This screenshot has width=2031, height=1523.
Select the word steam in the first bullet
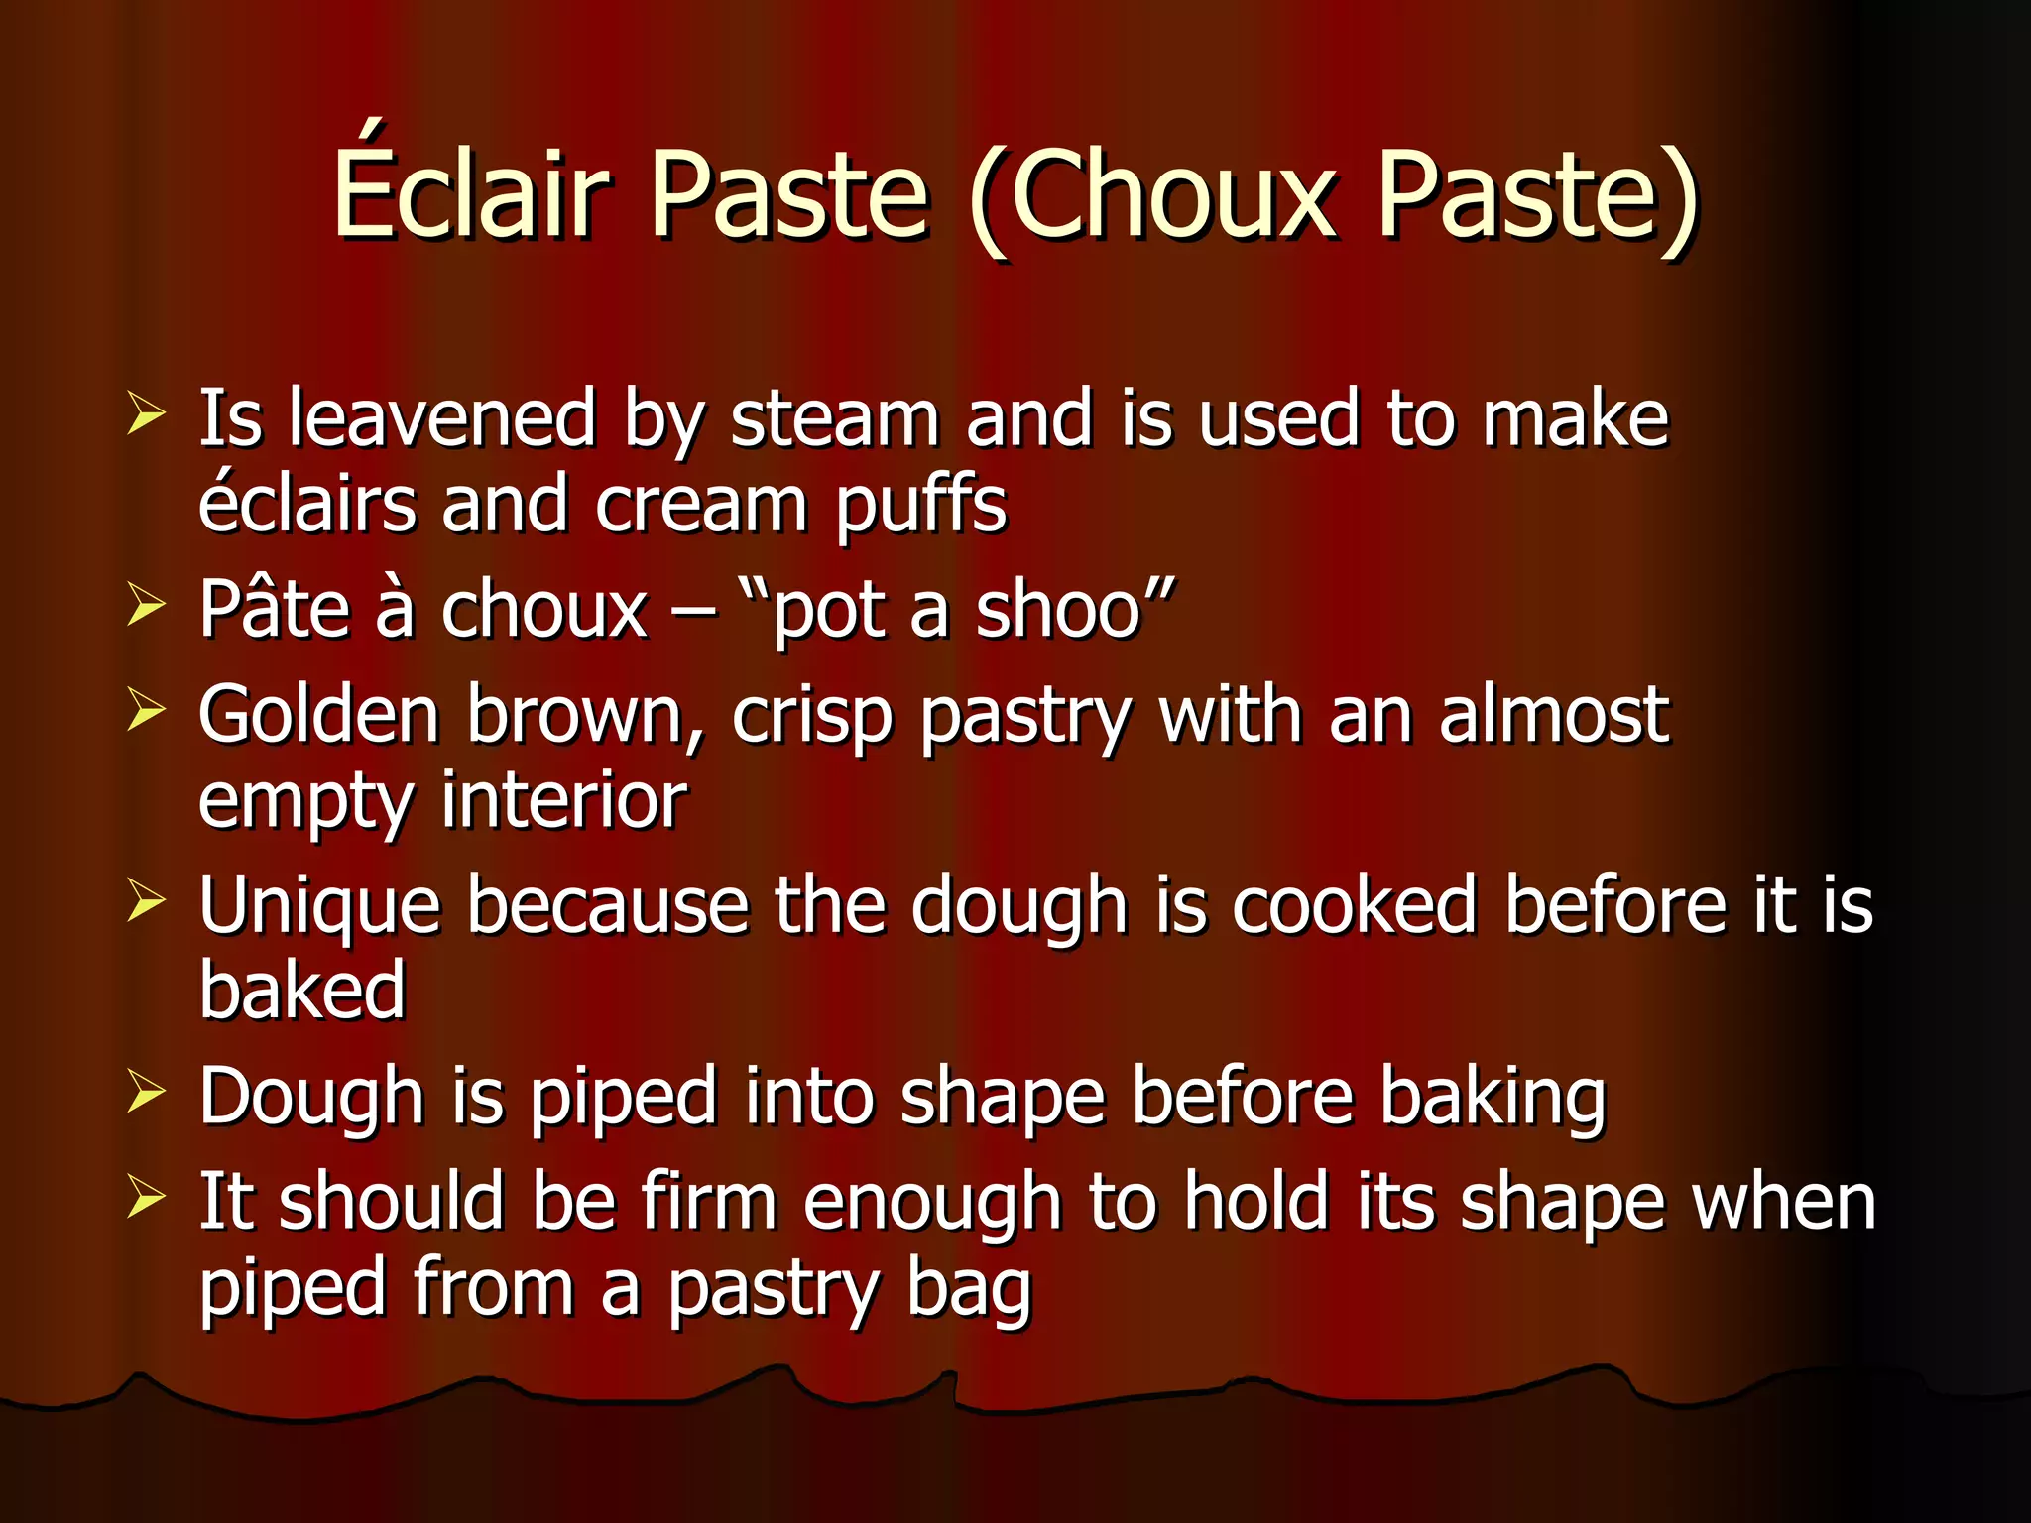tap(834, 420)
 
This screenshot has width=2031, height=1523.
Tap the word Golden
tap(318, 714)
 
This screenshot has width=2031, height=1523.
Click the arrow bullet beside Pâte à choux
tap(146, 605)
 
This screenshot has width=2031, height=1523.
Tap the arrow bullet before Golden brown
tap(146, 710)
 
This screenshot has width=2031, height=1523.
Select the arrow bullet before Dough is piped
tap(146, 1092)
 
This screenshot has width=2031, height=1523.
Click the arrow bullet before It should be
tap(146, 1198)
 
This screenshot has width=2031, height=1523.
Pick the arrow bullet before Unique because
tap(146, 901)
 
